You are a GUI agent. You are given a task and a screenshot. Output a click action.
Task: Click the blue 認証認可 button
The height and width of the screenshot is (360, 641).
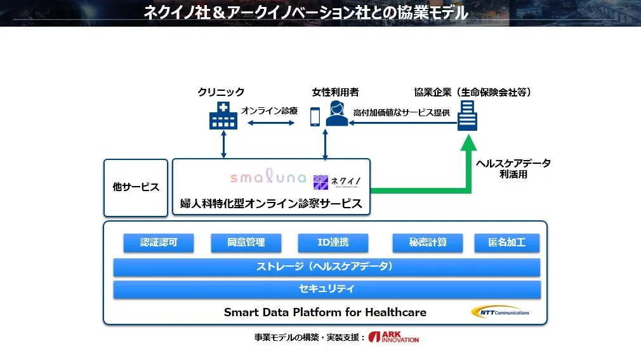point(159,243)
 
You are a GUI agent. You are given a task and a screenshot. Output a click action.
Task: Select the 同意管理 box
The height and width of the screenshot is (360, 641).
point(246,243)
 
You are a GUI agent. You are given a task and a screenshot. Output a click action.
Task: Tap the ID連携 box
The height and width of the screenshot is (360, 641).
point(333,243)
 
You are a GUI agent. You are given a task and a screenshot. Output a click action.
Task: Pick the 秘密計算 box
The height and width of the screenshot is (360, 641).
point(428,243)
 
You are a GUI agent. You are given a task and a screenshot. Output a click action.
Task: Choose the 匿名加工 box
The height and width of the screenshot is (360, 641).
point(507,243)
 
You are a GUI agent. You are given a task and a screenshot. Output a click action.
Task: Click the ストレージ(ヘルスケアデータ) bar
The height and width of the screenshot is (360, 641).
point(327,267)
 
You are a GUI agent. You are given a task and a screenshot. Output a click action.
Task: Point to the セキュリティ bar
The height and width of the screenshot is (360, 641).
point(327,290)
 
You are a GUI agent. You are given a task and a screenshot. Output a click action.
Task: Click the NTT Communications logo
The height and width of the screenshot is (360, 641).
point(500,312)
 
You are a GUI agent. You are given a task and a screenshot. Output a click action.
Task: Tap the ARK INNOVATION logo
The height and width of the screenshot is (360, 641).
point(393,337)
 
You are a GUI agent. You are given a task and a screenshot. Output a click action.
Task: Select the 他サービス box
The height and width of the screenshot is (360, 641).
point(136,188)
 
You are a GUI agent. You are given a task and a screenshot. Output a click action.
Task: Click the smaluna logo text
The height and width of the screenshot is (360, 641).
point(268,176)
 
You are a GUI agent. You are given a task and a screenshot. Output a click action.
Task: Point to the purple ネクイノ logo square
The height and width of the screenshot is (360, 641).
point(320,182)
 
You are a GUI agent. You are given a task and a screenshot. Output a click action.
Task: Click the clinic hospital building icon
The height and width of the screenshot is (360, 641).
point(223,116)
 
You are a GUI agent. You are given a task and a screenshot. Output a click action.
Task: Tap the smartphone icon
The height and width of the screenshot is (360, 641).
point(315,117)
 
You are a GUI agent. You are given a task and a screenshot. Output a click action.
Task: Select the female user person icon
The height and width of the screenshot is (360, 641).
point(337,114)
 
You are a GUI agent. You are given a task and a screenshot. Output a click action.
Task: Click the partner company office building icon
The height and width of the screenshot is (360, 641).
point(467,116)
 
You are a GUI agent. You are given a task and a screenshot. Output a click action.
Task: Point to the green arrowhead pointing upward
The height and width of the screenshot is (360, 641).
point(468,143)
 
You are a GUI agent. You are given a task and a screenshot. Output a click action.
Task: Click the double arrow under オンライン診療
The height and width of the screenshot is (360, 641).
point(271,123)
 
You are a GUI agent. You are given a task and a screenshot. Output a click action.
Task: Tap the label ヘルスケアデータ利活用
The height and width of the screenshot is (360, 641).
point(513,169)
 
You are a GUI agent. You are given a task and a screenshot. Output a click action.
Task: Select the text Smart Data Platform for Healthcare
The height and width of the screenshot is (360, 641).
point(325,312)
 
